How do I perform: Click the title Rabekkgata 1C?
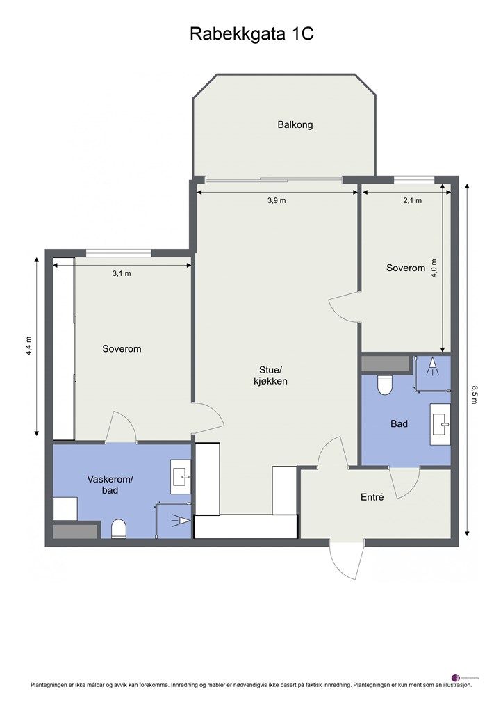click(x=251, y=34)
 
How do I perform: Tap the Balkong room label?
click(x=295, y=125)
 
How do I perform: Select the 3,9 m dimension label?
click(x=277, y=200)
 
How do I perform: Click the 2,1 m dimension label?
click(x=413, y=200)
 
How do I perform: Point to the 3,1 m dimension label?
click(x=122, y=273)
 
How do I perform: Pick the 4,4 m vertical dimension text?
click(x=29, y=346)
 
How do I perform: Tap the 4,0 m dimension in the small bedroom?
click(x=435, y=268)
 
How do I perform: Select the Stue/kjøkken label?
click(x=270, y=375)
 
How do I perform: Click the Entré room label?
click(x=372, y=497)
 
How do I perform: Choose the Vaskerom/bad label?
click(x=110, y=485)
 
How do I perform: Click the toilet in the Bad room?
click(x=385, y=385)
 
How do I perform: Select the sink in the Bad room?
click(x=440, y=423)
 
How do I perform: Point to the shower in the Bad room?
click(x=432, y=366)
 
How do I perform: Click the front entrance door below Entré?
click(x=345, y=560)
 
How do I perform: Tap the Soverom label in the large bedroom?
click(x=122, y=349)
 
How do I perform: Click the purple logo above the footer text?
click(x=456, y=677)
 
